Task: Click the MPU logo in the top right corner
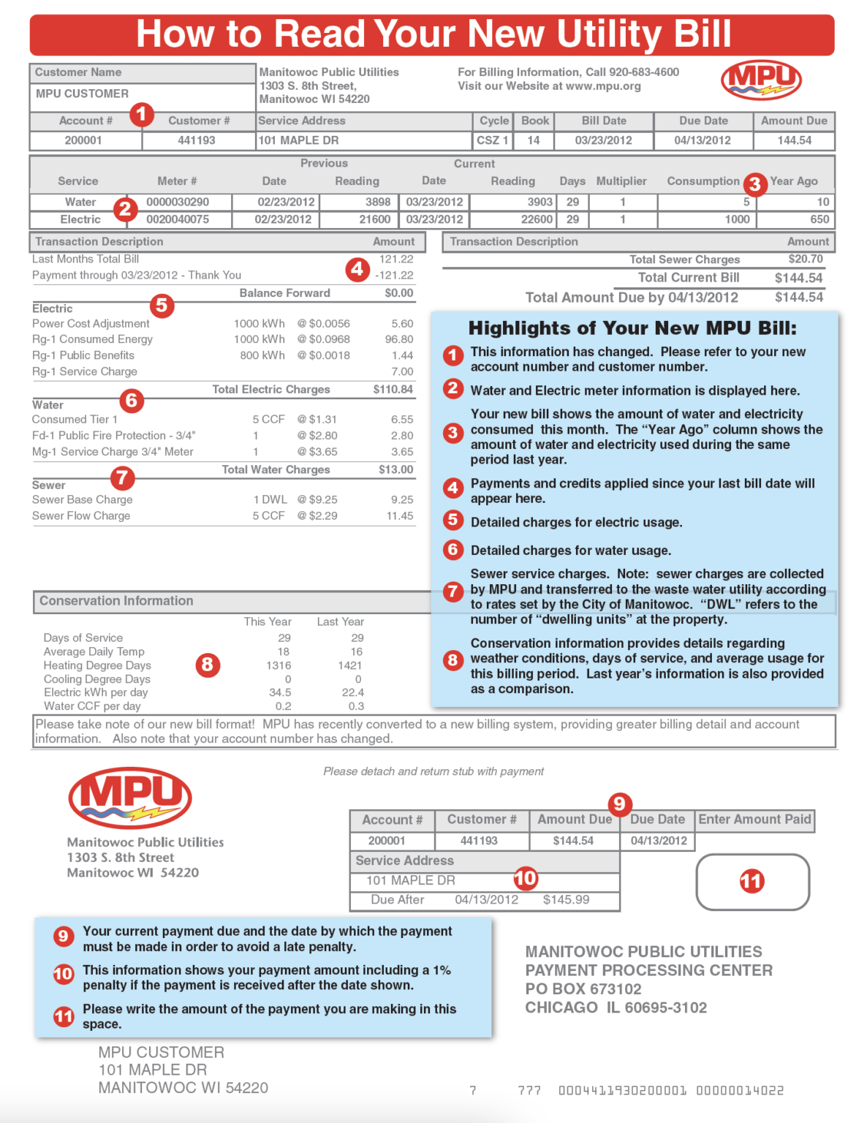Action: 761,80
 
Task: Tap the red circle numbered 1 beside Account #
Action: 141,114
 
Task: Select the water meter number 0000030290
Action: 178,202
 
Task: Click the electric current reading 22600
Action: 536,219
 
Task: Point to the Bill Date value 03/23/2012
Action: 603,140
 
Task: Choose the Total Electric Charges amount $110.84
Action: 393,390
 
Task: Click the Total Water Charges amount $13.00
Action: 395,469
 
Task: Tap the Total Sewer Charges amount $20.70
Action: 805,260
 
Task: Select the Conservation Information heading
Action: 116,601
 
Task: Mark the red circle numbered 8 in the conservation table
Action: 208,665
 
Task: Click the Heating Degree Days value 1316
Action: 279,665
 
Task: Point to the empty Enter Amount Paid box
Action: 752,881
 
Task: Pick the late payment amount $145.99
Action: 566,900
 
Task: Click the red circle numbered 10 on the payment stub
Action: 525,878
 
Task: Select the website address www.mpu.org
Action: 603,86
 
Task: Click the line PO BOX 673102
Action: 583,989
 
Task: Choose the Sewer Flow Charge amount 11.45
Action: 400,516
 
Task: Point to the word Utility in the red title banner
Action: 607,34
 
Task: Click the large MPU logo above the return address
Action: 130,798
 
